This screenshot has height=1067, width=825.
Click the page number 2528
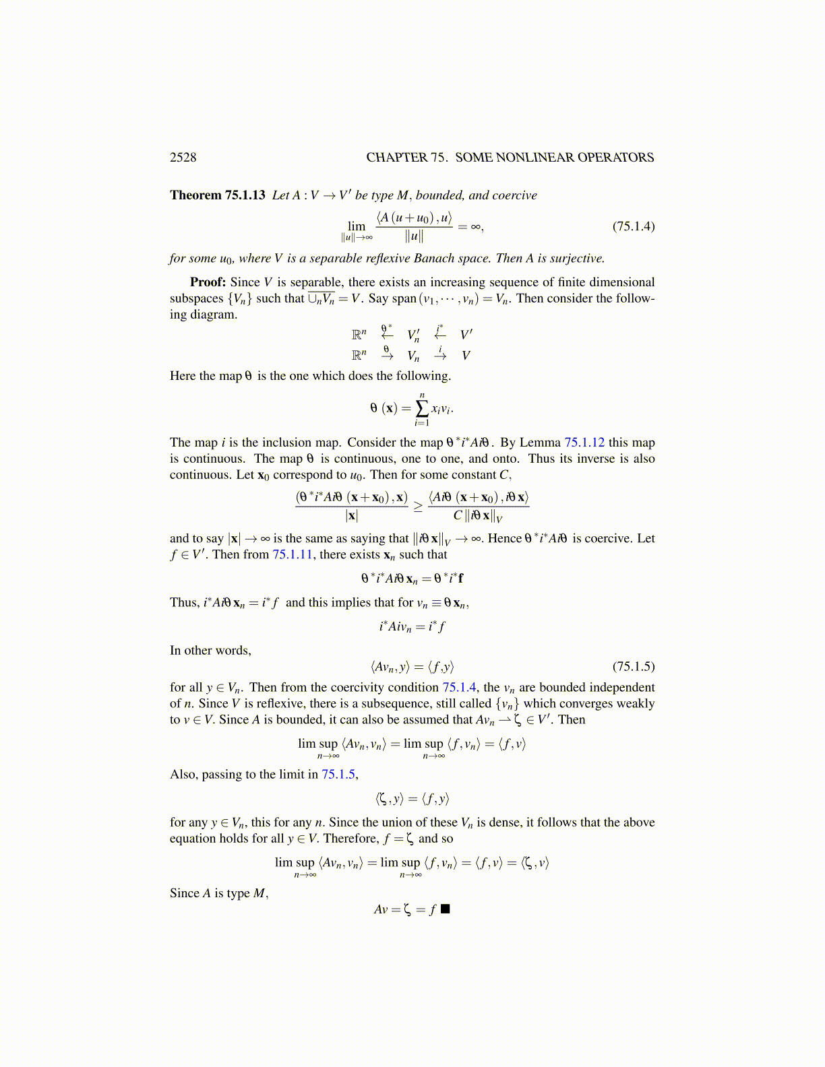[x=183, y=158]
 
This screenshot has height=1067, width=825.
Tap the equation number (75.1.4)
[x=633, y=226]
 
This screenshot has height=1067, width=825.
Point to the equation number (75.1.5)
[x=633, y=667]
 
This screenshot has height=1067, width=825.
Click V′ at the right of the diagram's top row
[x=466, y=335]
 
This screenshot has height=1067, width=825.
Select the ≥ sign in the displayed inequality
[x=418, y=507]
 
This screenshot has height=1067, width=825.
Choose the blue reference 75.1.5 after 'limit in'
[x=338, y=774]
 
